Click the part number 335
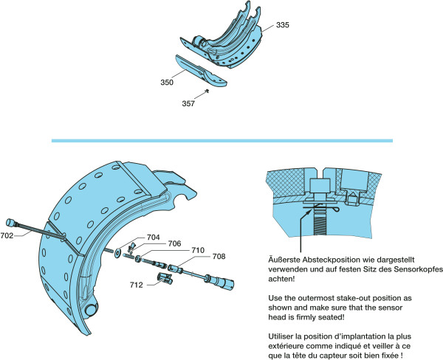pyautogui.click(x=283, y=25)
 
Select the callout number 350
pyautogui.click(x=167, y=83)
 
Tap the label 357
pyautogui.click(x=188, y=104)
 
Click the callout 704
pyautogui.click(x=153, y=238)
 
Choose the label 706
pyautogui.click(x=174, y=243)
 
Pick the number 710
pyautogui.click(x=198, y=251)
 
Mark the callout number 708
pyautogui.click(x=219, y=257)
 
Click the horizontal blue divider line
pyautogui.click(x=221, y=139)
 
